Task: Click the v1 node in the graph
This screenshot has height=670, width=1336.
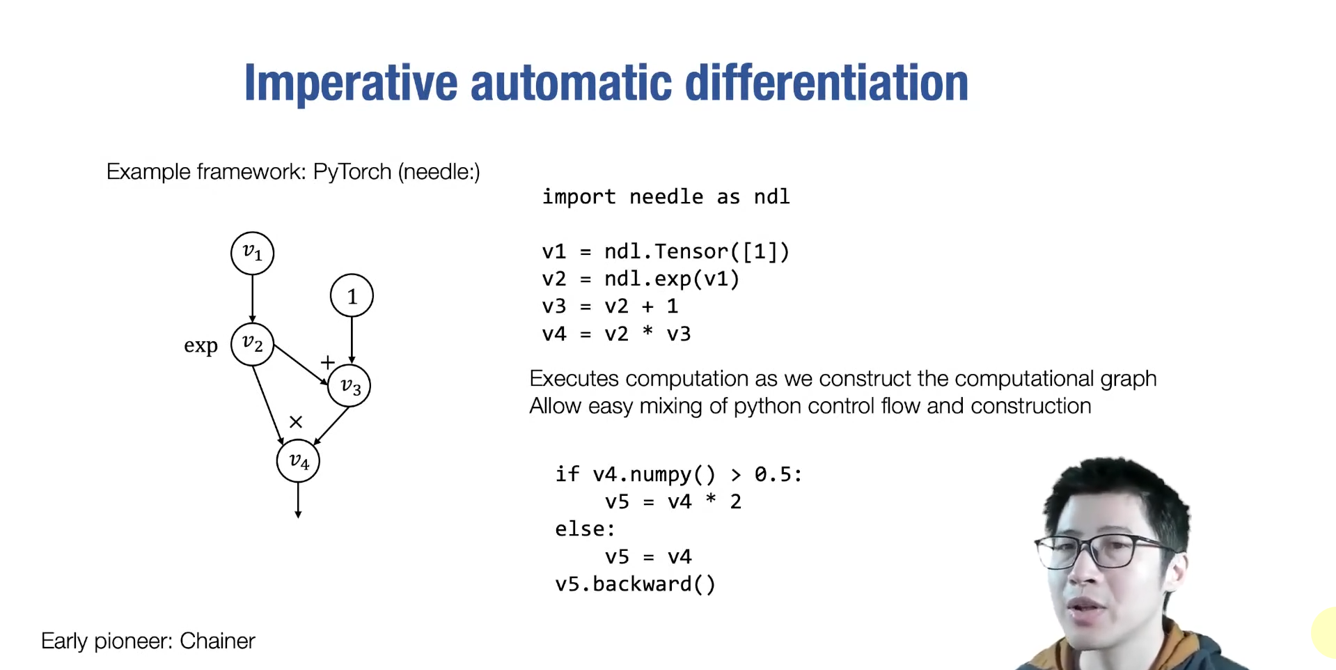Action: point(252,253)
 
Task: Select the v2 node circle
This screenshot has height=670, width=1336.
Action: point(252,344)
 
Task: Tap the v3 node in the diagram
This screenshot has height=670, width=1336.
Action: point(349,386)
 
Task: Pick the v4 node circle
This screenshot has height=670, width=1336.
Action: point(298,460)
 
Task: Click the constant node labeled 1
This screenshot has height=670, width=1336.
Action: point(352,296)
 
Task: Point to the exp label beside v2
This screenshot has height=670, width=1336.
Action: point(201,345)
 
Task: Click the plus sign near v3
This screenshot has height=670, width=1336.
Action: point(327,362)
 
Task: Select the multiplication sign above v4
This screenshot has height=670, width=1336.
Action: point(296,422)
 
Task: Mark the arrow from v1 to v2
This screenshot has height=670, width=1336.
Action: point(252,298)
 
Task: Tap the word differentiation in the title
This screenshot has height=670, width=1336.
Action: point(826,84)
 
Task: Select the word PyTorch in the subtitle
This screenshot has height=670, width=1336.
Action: point(352,171)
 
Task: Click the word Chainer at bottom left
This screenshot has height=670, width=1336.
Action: point(217,641)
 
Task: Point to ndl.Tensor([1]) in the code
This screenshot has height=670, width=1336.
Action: point(697,251)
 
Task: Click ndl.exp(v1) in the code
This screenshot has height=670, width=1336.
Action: point(672,279)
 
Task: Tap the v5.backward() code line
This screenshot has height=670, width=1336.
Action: point(635,584)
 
